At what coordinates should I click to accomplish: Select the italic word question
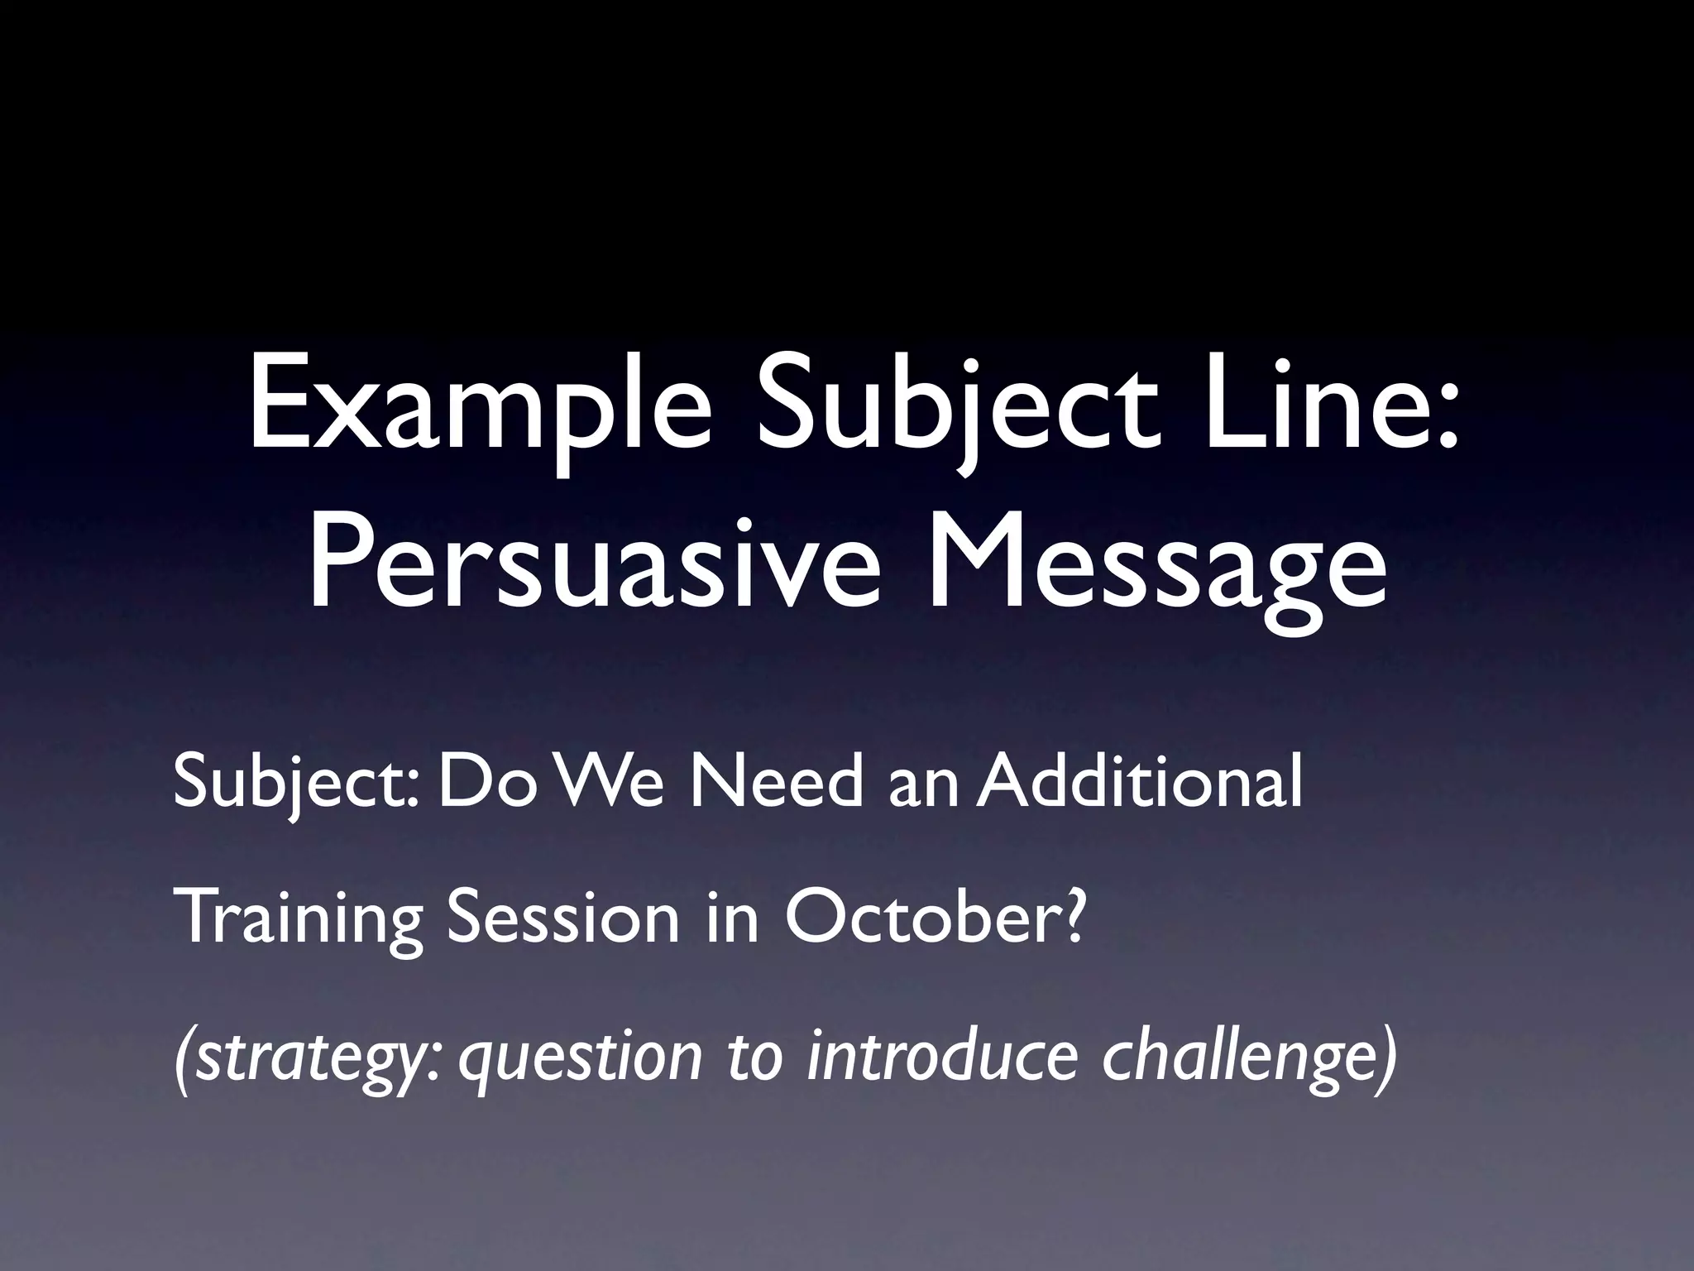click(580, 1058)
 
